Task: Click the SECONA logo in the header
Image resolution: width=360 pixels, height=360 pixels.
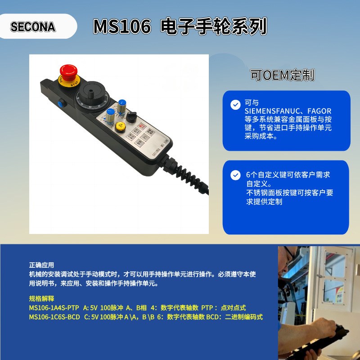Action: pos(33,27)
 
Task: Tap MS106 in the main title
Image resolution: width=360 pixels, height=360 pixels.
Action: pos(121,27)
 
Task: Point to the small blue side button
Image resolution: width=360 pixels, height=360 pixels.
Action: pos(59,103)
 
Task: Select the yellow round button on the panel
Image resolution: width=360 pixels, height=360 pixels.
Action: pos(120,127)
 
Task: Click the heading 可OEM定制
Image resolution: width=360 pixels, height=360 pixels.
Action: pos(282,75)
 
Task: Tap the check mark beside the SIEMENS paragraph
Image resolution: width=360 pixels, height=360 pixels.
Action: pos(235,105)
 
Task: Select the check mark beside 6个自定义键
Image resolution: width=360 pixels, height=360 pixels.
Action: pos(235,175)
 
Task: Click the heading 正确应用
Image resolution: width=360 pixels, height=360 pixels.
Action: pos(41,265)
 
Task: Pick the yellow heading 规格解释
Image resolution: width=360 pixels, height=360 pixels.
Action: pos(41,298)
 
